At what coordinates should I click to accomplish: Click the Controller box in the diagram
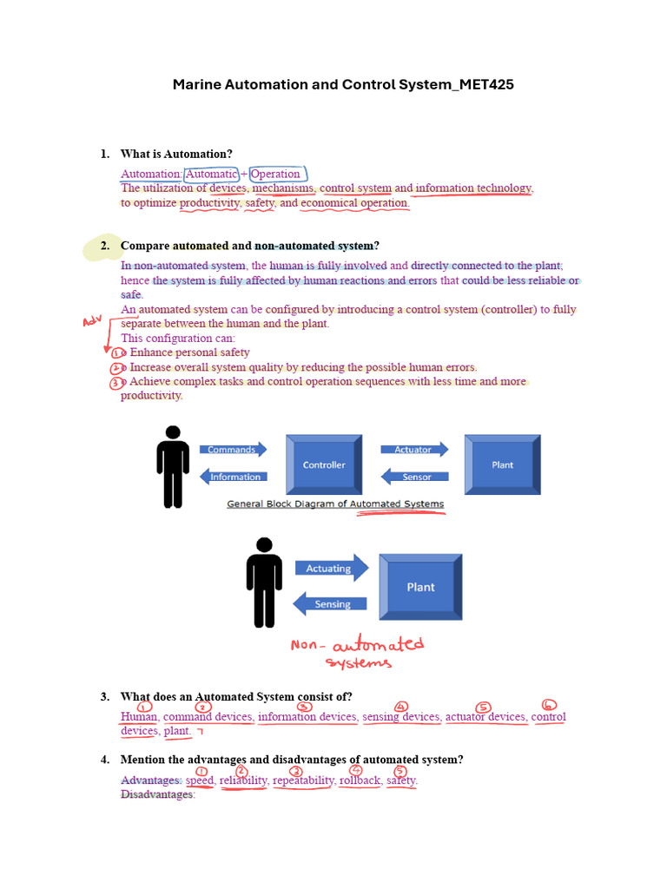pos(324,464)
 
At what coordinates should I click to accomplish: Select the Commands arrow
pos(233,450)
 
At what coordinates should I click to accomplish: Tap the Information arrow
pos(234,477)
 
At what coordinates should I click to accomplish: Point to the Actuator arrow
pos(414,450)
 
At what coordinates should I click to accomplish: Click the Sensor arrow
pos(415,477)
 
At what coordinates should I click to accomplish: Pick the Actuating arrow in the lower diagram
pos(331,569)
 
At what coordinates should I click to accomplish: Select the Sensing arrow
pos(331,603)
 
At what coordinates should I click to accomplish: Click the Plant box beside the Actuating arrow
pos(421,587)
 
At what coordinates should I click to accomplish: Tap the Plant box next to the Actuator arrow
pos(503,464)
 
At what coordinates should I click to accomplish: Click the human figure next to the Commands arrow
pos(173,466)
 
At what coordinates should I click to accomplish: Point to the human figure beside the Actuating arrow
pos(264,582)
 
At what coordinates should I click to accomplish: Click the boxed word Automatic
pos(211,174)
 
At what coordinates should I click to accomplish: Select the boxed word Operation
pos(274,174)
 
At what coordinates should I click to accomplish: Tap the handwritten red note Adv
pos(92,322)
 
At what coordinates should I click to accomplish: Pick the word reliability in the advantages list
pos(243,780)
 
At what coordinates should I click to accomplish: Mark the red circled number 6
pos(548,705)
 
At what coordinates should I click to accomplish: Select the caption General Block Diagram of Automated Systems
pos(335,504)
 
